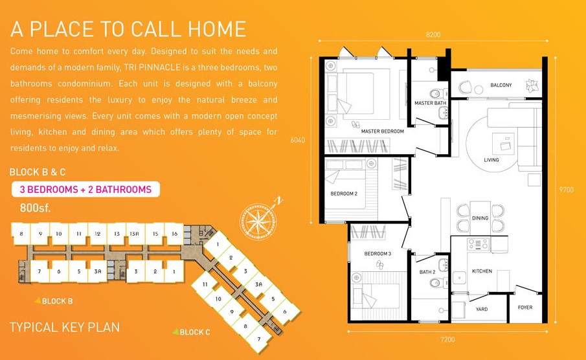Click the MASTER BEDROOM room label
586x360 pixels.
point(382,131)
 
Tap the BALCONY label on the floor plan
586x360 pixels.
point(501,85)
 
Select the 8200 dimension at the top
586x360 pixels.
point(433,35)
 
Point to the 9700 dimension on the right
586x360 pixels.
point(566,190)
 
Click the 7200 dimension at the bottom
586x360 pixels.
point(447,339)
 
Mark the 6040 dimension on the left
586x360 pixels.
point(298,141)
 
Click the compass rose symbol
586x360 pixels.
point(258,221)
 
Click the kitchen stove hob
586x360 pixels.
point(478,244)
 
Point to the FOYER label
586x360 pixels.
point(525,308)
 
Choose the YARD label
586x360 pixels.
point(482,309)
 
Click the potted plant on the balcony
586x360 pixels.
point(532,85)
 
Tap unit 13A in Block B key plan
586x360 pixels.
point(134,234)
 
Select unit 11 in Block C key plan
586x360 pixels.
point(205,284)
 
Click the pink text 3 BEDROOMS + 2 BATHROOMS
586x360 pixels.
point(85,189)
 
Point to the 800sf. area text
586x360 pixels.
point(35,208)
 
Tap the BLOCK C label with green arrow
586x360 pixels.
point(192,332)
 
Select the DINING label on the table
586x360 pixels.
point(480,218)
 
